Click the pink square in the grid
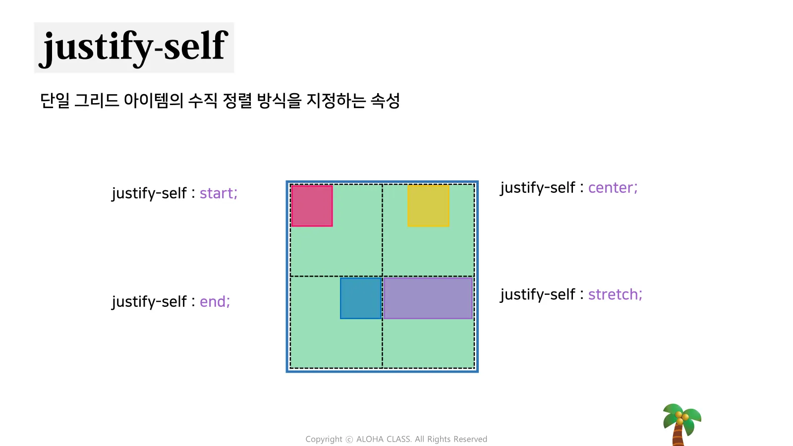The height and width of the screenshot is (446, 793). (x=312, y=206)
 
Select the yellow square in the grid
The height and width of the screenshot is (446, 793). (x=428, y=206)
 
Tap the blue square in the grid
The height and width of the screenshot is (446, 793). (x=361, y=298)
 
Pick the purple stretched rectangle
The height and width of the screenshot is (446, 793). (x=428, y=298)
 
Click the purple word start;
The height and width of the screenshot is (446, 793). (x=219, y=193)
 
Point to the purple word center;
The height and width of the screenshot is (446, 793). (x=613, y=188)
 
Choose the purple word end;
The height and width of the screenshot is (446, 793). (x=215, y=302)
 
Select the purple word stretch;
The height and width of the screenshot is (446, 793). (x=615, y=294)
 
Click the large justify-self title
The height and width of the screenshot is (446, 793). (x=134, y=48)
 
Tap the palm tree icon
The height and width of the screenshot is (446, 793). (x=681, y=425)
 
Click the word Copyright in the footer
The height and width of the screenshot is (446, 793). (x=324, y=439)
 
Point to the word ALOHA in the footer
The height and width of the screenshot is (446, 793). (x=370, y=439)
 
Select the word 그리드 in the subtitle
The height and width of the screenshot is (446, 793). (x=97, y=101)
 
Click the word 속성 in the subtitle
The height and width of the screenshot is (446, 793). (x=385, y=101)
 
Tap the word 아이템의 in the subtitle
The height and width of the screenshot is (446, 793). (x=154, y=101)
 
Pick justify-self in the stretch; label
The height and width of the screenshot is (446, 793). (x=538, y=295)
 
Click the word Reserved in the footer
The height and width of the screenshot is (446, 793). (x=470, y=439)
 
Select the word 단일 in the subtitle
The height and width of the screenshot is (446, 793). (x=55, y=101)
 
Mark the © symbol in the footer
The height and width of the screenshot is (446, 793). (x=349, y=439)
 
